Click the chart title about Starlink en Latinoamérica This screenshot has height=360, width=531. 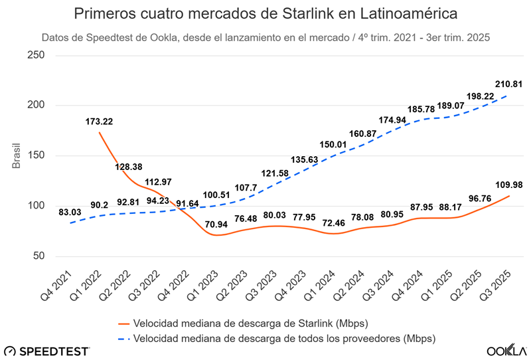(x=265, y=14)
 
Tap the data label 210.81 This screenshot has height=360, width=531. (x=508, y=84)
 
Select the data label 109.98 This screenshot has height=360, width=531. (x=508, y=184)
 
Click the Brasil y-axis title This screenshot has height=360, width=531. (x=19, y=155)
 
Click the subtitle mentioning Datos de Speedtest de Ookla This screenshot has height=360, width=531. (x=265, y=38)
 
